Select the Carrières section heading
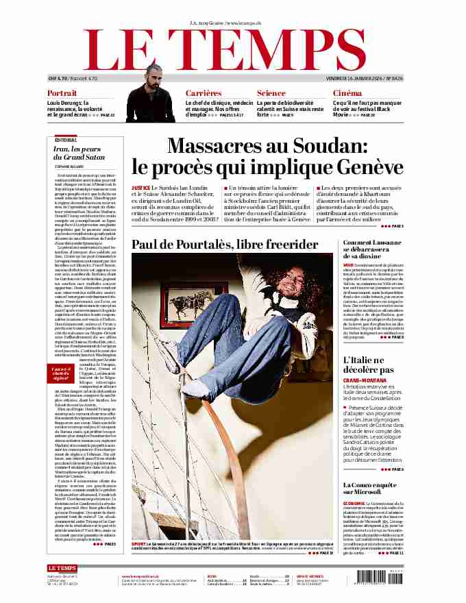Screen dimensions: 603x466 click(x=204, y=93)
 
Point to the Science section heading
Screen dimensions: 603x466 click(x=271, y=93)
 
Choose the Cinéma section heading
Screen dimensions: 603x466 click(x=347, y=93)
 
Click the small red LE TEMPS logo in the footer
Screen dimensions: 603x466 click(x=62, y=568)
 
